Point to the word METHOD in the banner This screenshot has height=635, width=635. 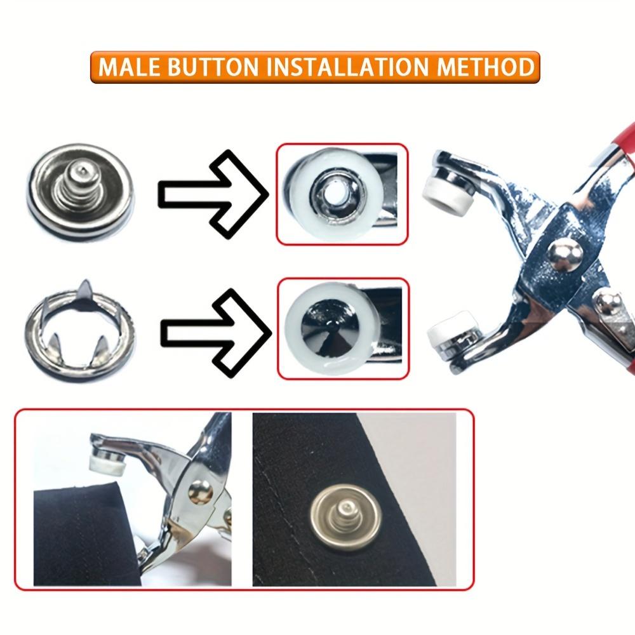(x=490, y=67)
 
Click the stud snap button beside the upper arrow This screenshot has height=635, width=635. (x=81, y=189)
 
